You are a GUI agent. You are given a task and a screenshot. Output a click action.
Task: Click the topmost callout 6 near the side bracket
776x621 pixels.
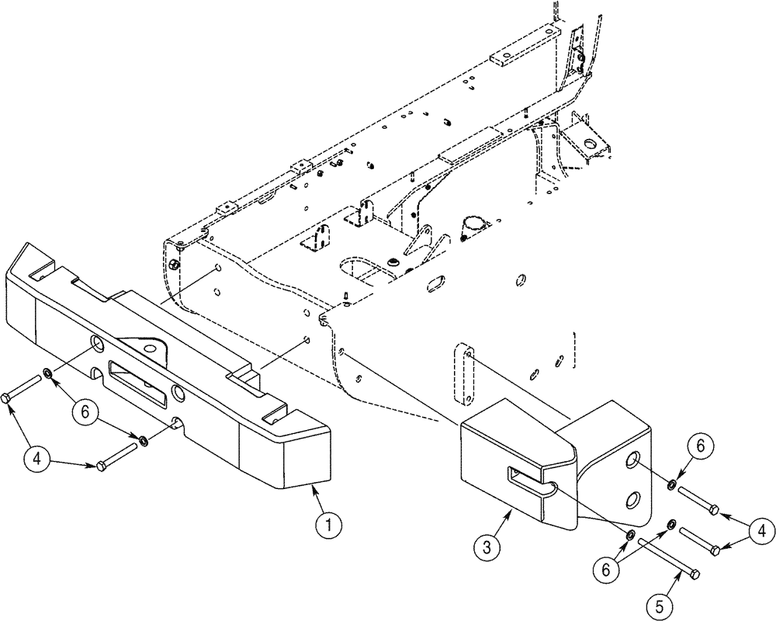[x=699, y=446]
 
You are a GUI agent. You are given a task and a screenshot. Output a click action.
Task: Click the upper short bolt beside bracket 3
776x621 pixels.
[x=699, y=499]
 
